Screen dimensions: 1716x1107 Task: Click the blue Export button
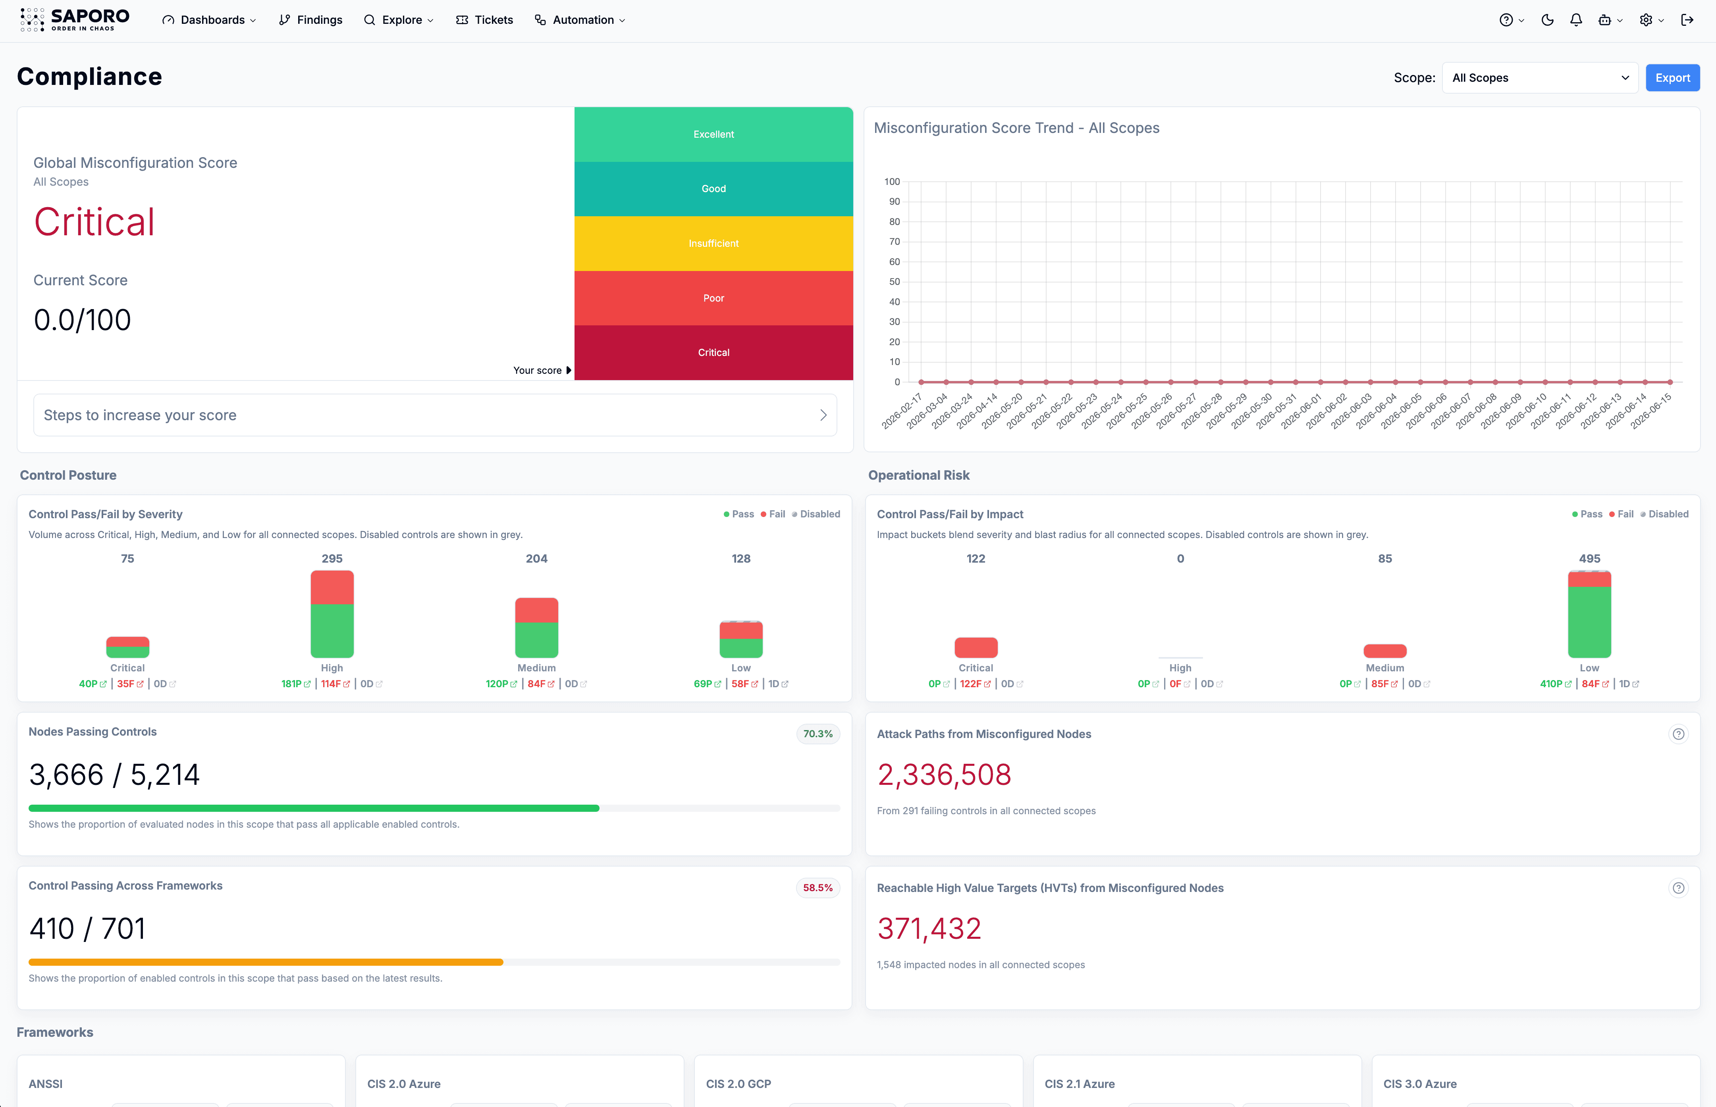click(1672, 78)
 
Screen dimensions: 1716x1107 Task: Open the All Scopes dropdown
click(1540, 78)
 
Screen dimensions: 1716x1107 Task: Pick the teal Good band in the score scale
click(713, 189)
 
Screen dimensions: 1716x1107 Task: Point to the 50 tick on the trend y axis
click(894, 282)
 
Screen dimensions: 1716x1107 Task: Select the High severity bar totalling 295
click(332, 614)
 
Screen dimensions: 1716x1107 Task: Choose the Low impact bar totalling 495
click(1589, 614)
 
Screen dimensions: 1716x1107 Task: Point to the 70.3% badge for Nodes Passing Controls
click(818, 734)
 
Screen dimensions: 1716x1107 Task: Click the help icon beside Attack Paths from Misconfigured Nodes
click(1678, 734)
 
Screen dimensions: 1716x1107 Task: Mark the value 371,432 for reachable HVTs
click(929, 929)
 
